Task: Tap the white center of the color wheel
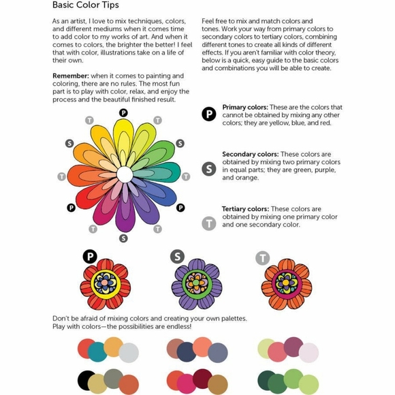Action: (124, 174)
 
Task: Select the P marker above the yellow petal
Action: (123, 112)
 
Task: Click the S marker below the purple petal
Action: (123, 238)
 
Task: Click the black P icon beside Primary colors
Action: (209, 114)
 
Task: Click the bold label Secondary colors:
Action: (249, 155)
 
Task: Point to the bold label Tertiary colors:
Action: (244, 209)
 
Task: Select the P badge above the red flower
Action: (90, 257)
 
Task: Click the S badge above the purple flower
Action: (177, 257)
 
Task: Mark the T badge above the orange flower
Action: (262, 258)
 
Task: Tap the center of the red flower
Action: (105, 281)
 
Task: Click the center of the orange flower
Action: (286, 282)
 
